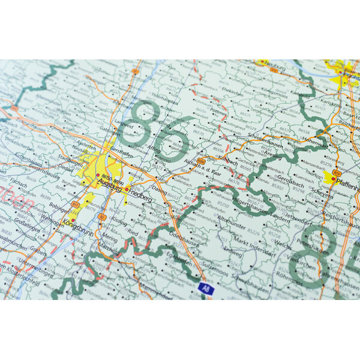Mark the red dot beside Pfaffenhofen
tap(334, 178)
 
